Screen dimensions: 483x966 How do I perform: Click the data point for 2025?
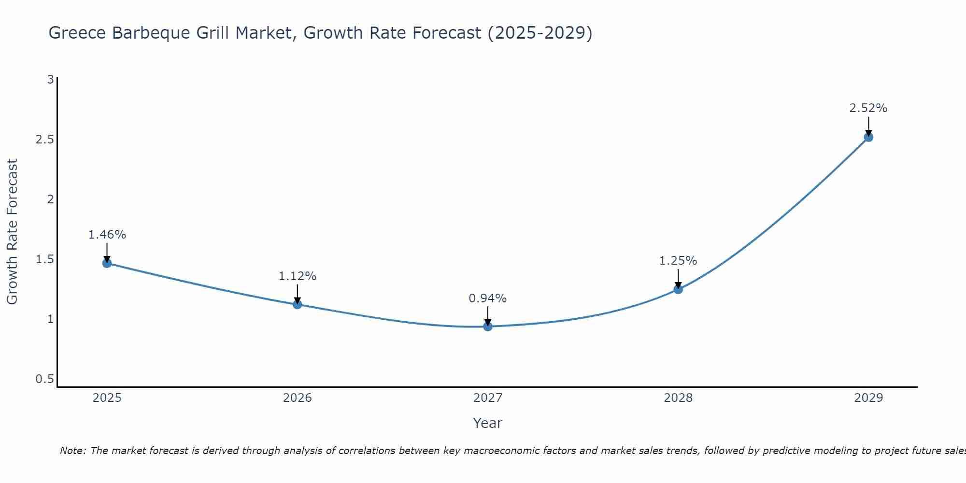[107, 263]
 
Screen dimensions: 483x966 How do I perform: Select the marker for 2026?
[298, 304]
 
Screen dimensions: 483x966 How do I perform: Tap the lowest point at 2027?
[488, 327]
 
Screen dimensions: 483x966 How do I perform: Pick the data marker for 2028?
[678, 289]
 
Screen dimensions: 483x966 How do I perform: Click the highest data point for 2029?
[868, 137]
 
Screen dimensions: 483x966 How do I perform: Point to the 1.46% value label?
[107, 235]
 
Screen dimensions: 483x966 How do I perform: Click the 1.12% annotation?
[298, 276]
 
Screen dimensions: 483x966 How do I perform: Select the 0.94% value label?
[488, 298]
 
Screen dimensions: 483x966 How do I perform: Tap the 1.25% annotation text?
[678, 261]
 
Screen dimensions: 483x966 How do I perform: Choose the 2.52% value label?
[868, 108]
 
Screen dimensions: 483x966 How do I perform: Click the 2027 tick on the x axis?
[488, 398]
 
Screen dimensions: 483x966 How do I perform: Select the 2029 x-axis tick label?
[868, 398]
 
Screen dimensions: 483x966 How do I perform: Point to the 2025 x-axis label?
[107, 398]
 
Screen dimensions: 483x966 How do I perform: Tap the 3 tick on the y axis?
[50, 79]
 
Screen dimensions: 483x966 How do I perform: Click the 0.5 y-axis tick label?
[44, 379]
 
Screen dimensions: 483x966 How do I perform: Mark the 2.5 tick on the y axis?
[44, 140]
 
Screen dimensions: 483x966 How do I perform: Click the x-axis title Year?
[488, 423]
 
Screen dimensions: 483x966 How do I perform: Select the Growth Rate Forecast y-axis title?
[12, 231]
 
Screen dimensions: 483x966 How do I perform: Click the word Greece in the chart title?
[77, 33]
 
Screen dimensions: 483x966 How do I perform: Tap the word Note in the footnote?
[72, 451]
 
